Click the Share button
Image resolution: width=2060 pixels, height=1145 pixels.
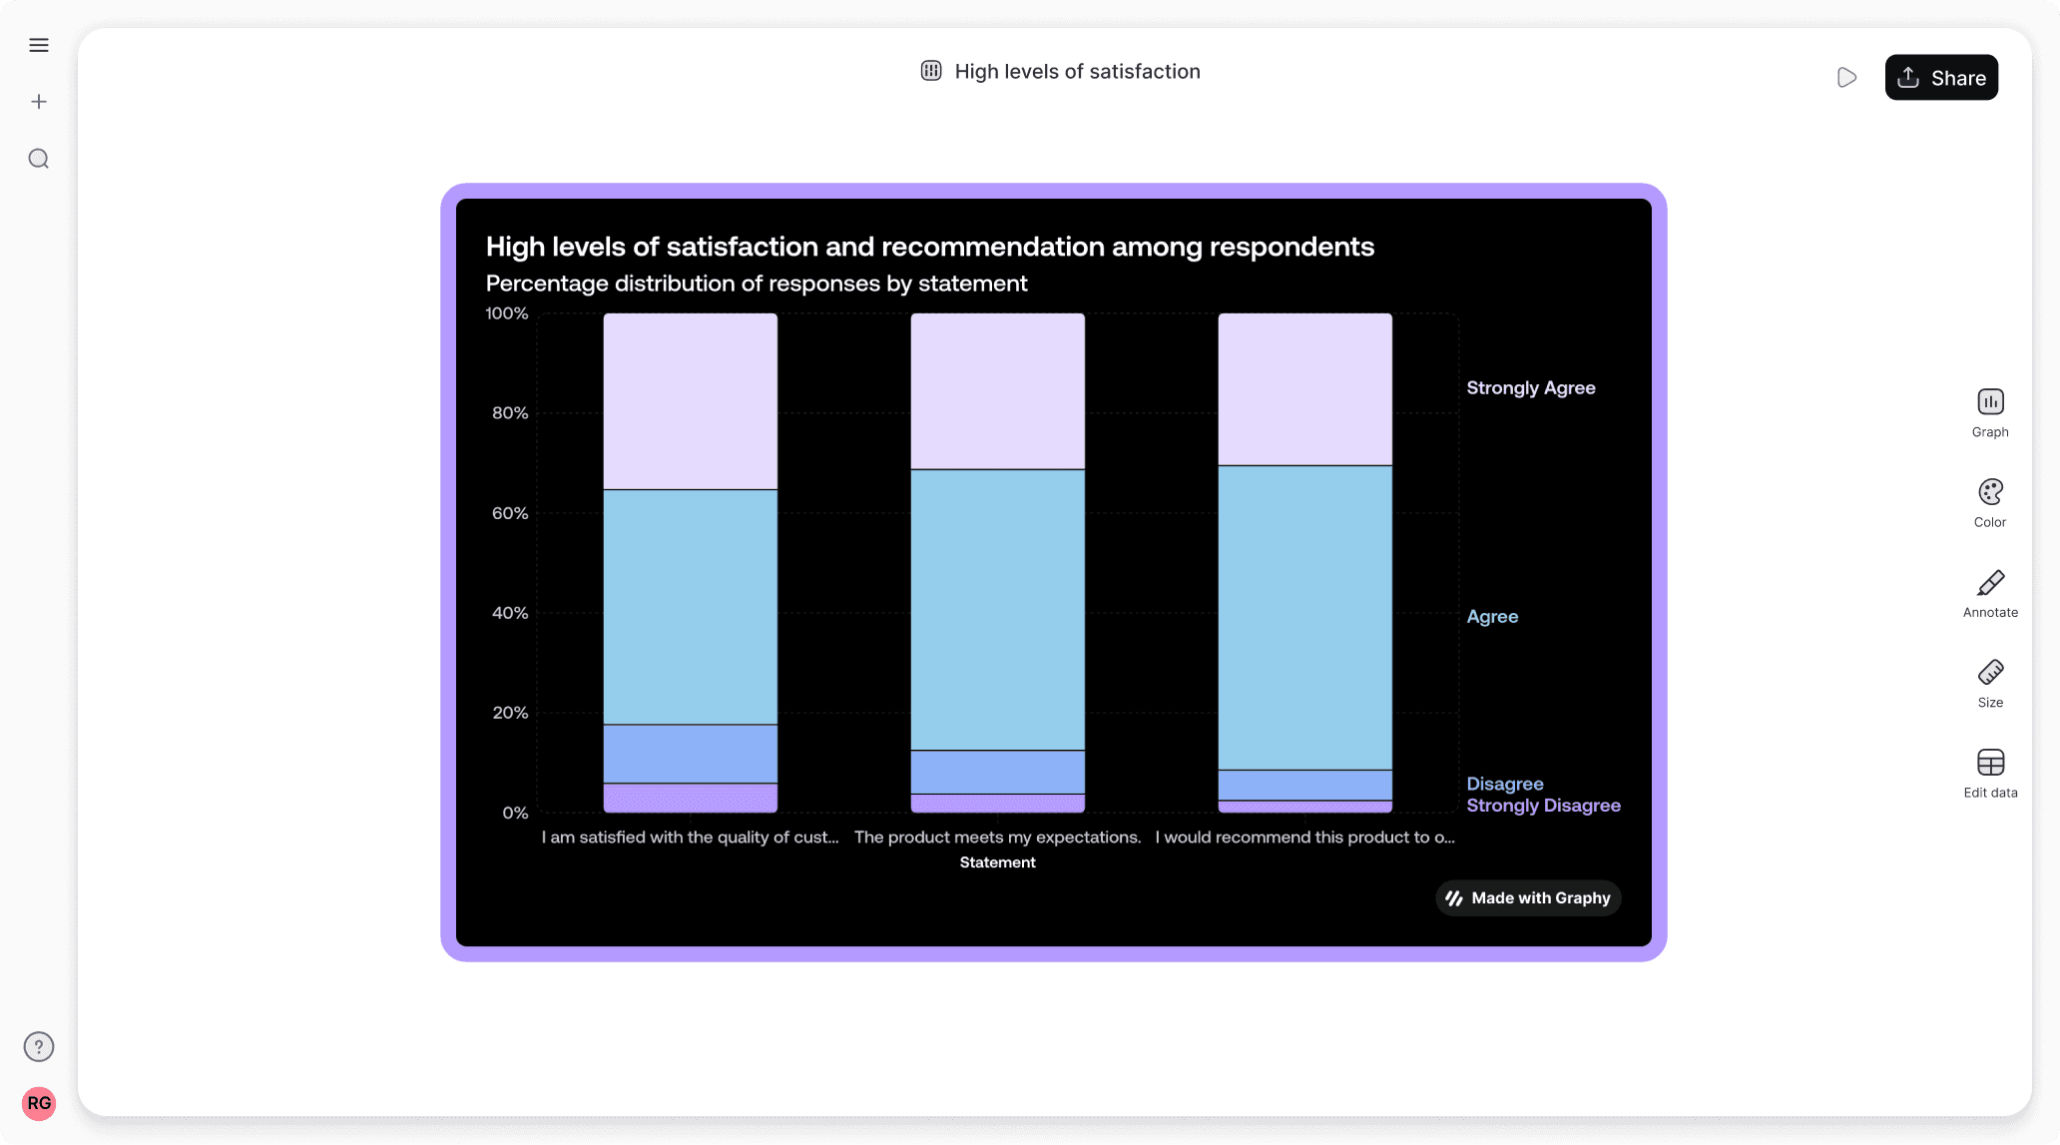click(1940, 78)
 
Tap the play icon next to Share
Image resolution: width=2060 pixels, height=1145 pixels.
click(1846, 78)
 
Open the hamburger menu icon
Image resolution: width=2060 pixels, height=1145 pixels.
click(39, 45)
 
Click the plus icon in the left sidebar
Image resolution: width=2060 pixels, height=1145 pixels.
click(39, 102)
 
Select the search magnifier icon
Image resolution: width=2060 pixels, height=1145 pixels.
click(39, 159)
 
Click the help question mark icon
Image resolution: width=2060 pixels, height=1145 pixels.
click(39, 1046)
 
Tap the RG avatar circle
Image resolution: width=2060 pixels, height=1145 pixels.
click(39, 1103)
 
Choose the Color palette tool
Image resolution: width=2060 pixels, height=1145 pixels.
click(1990, 502)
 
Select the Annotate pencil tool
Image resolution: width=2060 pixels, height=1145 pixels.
click(1990, 593)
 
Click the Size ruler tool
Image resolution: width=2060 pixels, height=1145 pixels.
click(1990, 683)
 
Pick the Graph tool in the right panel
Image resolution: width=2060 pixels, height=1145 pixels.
click(1990, 412)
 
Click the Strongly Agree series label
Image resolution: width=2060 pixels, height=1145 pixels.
click(1530, 388)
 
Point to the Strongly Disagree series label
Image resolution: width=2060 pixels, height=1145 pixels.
click(1543, 806)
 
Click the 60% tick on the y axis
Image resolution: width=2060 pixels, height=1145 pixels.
click(509, 513)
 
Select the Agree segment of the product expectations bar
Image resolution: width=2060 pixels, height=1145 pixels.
click(997, 609)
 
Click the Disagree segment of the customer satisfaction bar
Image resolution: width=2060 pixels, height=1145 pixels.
click(690, 754)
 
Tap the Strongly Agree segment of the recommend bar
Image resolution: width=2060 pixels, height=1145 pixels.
click(1304, 389)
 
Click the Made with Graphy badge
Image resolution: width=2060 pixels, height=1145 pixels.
click(1528, 898)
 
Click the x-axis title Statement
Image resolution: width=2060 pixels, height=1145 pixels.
click(997, 862)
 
